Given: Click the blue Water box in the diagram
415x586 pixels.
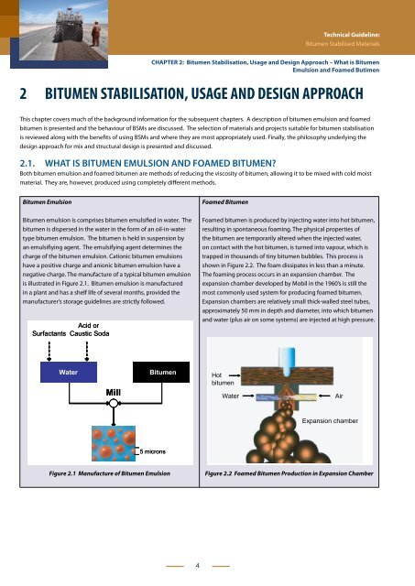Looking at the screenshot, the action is click(x=69, y=372).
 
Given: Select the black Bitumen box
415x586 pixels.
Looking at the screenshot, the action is click(x=161, y=372).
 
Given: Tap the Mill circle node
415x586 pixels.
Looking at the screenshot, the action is click(x=114, y=403).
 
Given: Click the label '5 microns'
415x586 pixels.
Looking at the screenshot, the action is click(x=153, y=451).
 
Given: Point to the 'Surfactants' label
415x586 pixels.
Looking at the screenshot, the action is click(x=49, y=333).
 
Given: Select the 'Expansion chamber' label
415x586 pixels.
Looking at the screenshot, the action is click(x=330, y=421).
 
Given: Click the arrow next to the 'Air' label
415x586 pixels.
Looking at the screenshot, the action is click(x=324, y=396).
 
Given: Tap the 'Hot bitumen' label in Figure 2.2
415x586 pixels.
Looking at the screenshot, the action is click(x=223, y=378).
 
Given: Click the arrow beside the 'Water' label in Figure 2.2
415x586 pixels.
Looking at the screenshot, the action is click(x=248, y=396).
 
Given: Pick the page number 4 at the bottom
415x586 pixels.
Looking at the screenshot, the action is click(x=197, y=566).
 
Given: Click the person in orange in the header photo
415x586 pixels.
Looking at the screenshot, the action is click(x=96, y=34).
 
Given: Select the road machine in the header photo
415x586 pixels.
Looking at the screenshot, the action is click(x=69, y=26).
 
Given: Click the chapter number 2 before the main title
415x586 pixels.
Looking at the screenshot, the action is click(x=23, y=93).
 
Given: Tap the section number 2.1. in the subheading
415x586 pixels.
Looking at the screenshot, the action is click(x=27, y=163).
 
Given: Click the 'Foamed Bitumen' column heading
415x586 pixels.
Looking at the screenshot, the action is click(x=225, y=201).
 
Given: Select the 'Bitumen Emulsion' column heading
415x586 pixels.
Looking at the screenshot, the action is click(x=47, y=201).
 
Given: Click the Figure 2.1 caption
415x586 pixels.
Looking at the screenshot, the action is click(x=110, y=473).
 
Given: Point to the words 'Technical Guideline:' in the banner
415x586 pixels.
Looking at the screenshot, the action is click(x=352, y=35).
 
